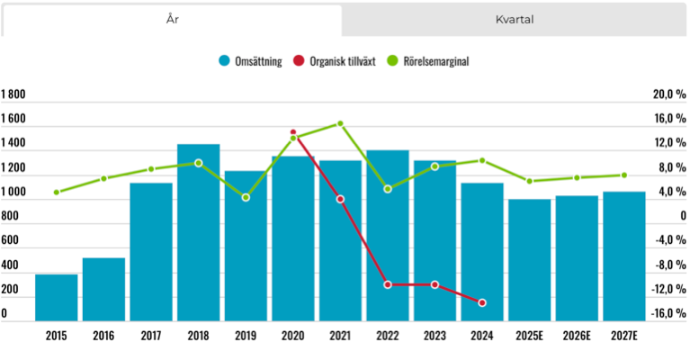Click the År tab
click(171, 19)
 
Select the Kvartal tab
click(515, 19)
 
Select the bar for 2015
click(57, 297)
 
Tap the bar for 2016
click(104, 289)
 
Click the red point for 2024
click(482, 302)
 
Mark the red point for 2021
click(340, 199)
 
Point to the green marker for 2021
click(340, 123)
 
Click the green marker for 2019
click(246, 197)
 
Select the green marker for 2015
click(57, 192)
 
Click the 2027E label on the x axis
click(623, 336)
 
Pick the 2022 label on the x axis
click(388, 336)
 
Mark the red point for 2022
click(388, 284)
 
